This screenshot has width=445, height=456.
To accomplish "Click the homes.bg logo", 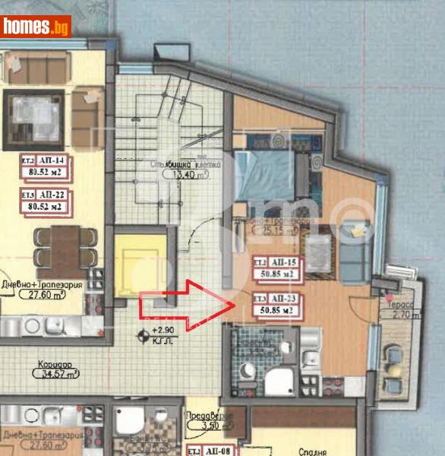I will pos(36,27).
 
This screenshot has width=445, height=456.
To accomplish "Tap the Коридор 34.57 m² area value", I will pos(58,374).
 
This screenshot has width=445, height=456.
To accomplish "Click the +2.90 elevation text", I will pos(164,331).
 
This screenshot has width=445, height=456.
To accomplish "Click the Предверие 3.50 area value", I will pos(204,426).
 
